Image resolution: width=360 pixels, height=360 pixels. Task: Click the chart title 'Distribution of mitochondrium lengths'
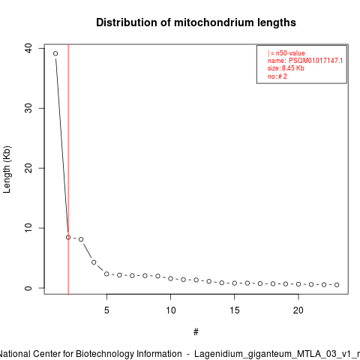[196, 22]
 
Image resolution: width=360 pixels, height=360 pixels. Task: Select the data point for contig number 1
[55, 53]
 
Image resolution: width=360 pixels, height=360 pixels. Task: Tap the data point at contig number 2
[68, 237]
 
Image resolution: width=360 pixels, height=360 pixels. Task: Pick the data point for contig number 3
[81, 239]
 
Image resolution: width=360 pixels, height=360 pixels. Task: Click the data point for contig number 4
[94, 262]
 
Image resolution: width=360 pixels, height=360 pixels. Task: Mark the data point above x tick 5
[106, 274]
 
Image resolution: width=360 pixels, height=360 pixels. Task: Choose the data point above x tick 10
[170, 278]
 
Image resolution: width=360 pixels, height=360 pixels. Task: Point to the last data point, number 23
[337, 285]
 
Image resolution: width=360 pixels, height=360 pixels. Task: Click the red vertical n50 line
[68, 169]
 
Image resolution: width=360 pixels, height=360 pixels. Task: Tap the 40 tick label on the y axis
[28, 48]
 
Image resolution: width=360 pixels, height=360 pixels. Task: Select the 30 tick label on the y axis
[28, 108]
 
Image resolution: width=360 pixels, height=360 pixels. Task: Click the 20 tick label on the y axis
[28, 168]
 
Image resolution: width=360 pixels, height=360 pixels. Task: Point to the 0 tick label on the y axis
[28, 288]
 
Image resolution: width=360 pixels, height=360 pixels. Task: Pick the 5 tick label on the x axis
[106, 310]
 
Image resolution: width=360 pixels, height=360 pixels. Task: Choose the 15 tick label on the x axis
[235, 310]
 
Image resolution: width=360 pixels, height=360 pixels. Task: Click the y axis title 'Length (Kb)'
[7, 169]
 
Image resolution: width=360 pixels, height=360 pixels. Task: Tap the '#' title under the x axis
[196, 332]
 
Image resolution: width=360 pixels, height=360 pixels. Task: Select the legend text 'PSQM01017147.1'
[316, 61]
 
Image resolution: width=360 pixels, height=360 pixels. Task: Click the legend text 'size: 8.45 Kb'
[286, 68]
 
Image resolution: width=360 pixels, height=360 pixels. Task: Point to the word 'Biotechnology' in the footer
[129, 354]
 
